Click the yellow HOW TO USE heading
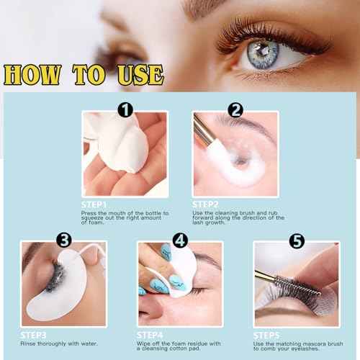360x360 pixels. click(83, 74)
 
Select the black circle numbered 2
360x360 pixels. click(235, 111)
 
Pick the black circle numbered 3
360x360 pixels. click(64, 240)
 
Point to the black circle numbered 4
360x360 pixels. click(180, 240)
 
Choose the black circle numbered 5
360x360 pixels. click(295, 240)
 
